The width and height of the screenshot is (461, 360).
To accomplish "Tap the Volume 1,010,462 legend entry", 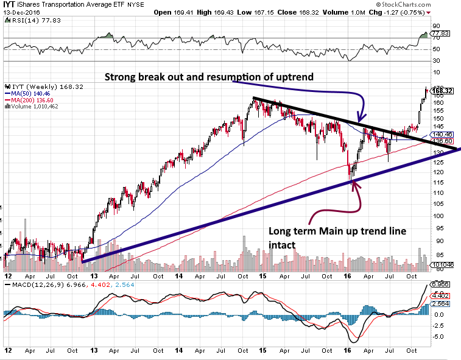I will coord(37,106).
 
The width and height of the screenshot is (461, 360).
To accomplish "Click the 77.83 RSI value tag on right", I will coord(440,34).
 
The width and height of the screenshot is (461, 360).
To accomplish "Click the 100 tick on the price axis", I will coord(437,216).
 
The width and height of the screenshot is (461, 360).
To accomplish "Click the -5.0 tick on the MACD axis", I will coord(438,336).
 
